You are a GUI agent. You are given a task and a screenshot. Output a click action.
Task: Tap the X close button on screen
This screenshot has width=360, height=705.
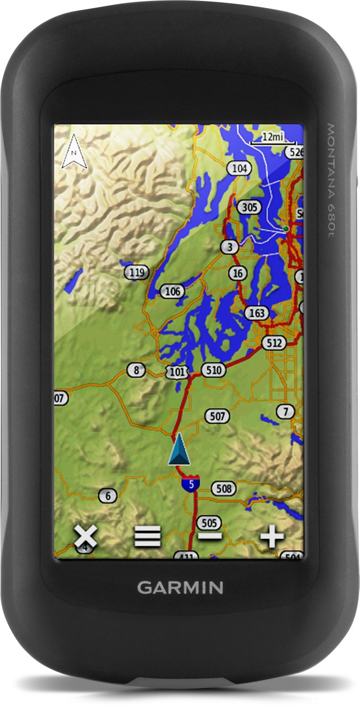[85, 536]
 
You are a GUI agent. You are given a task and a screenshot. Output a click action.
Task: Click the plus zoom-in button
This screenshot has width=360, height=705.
[273, 536]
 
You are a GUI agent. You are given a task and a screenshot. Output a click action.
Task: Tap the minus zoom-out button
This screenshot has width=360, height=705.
[210, 536]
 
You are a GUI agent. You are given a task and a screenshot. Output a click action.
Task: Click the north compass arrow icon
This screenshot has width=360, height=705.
[74, 151]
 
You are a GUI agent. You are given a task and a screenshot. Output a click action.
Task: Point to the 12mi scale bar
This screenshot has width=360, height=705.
[274, 137]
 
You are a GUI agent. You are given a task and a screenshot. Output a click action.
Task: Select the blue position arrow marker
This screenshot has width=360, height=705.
[179, 449]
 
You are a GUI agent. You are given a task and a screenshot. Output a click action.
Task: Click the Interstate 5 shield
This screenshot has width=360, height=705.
[190, 483]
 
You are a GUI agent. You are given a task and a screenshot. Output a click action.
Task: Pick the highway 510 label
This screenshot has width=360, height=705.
[213, 370]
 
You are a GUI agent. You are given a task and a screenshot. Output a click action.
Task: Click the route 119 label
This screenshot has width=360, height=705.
[137, 272]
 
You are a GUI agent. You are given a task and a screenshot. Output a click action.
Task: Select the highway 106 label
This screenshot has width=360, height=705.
[172, 291]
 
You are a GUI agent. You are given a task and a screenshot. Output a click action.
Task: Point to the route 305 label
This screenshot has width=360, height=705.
[249, 207]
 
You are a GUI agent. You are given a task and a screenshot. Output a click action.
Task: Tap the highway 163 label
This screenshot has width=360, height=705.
[257, 313]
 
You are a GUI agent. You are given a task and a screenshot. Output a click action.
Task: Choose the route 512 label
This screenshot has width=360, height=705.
[274, 343]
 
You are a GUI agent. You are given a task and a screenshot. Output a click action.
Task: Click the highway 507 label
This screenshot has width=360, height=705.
[217, 416]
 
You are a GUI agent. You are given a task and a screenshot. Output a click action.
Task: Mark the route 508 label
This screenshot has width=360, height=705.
[223, 489]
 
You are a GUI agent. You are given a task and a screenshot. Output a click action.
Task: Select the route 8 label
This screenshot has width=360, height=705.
[137, 370]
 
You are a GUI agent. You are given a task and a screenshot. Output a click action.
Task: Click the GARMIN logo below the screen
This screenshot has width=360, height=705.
[180, 587]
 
